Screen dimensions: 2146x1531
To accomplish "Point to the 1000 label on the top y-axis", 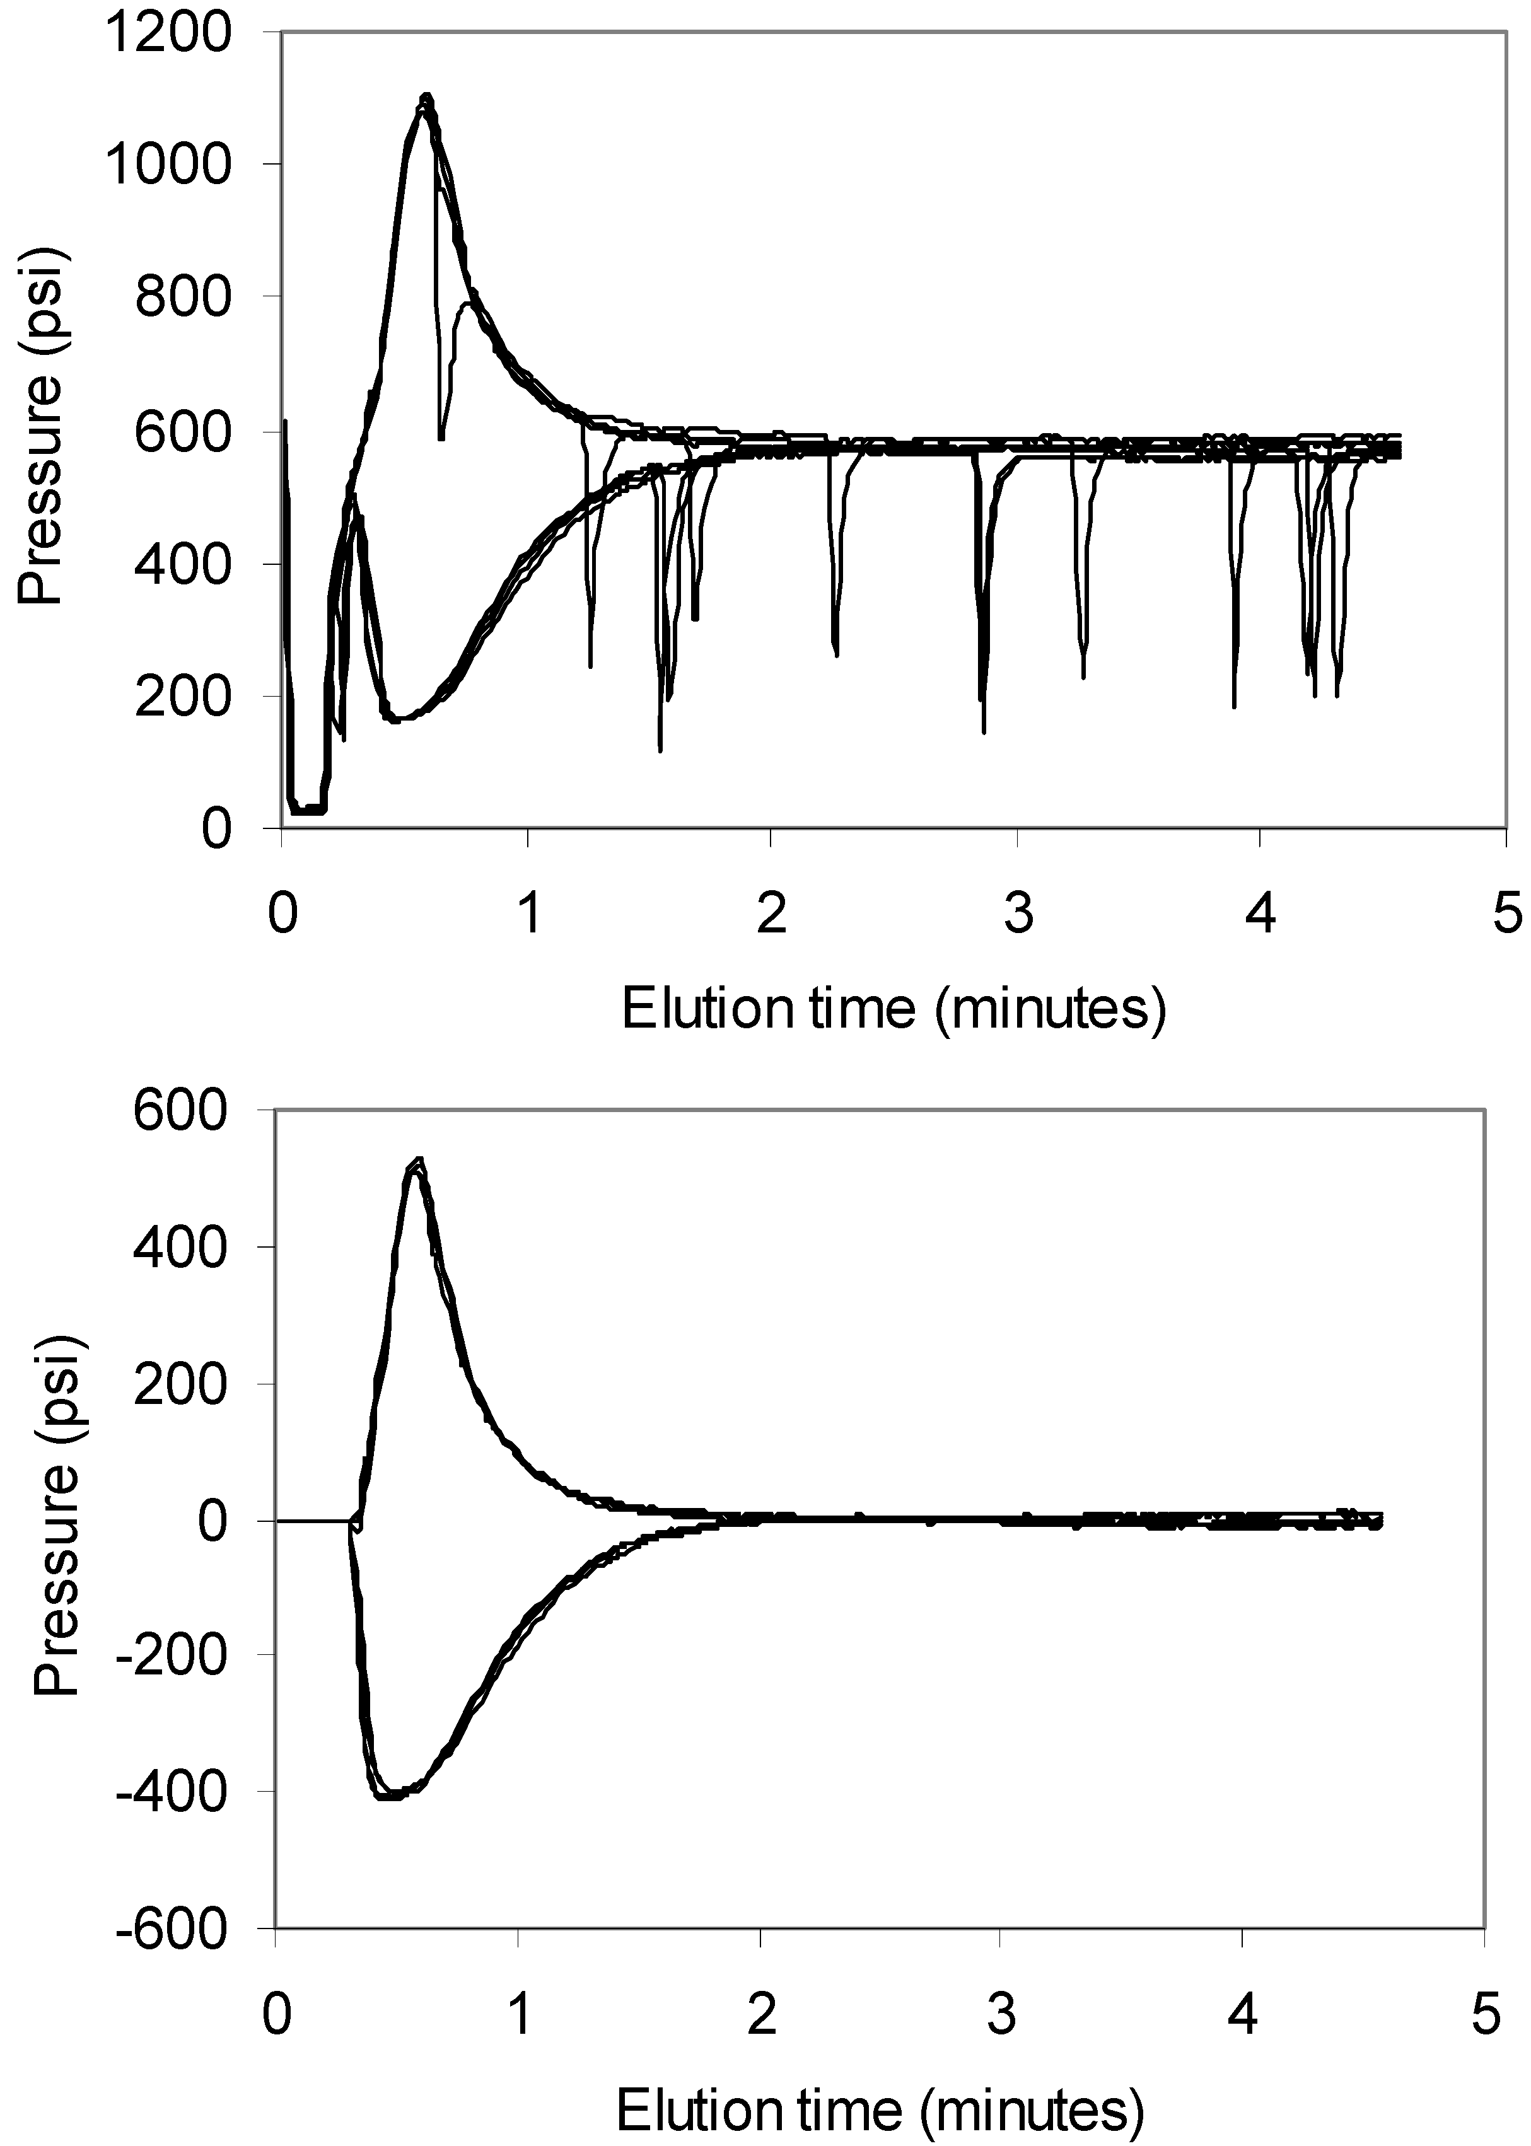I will pyautogui.click(x=167, y=167).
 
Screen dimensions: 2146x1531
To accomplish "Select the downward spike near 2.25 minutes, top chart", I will pyautogui.click(x=835, y=651).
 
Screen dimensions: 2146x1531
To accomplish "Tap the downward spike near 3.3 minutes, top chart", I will pyautogui.click(x=1083, y=671).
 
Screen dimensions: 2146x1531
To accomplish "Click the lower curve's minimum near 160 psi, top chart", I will pyautogui.click(x=396, y=719).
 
